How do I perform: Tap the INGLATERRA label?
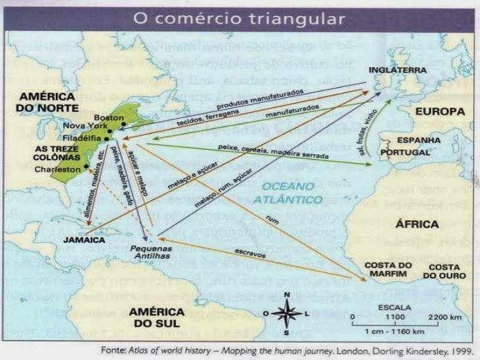click(x=398, y=69)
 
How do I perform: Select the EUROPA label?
click(x=440, y=112)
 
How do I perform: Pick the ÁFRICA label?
click(x=417, y=224)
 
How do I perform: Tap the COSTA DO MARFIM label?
click(x=388, y=270)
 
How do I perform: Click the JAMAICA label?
click(x=85, y=240)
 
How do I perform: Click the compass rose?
click(x=287, y=312)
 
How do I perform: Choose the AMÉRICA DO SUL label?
click(x=156, y=317)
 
